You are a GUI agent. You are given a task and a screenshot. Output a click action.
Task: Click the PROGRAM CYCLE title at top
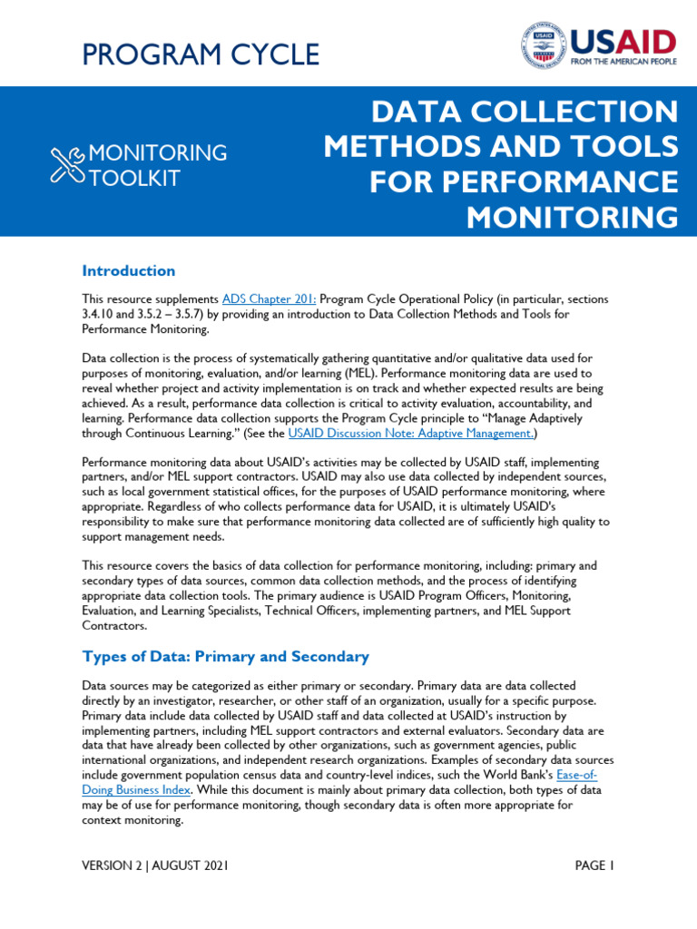pyautogui.click(x=201, y=54)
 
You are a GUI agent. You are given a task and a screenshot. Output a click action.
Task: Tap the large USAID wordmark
pyautogui.click(x=623, y=44)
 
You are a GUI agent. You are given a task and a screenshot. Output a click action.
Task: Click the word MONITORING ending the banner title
pyautogui.click(x=572, y=218)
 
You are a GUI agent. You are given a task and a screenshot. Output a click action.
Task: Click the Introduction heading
pyautogui.click(x=128, y=270)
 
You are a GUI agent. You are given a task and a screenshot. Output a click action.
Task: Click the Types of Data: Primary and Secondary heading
pyautogui.click(x=225, y=656)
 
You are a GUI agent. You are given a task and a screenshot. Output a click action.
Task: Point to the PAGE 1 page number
pyautogui.click(x=594, y=865)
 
